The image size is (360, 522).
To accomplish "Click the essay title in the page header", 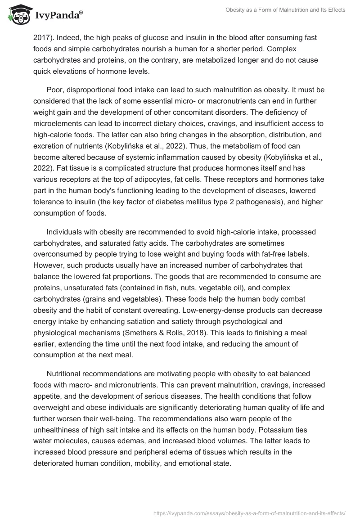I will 285,10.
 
